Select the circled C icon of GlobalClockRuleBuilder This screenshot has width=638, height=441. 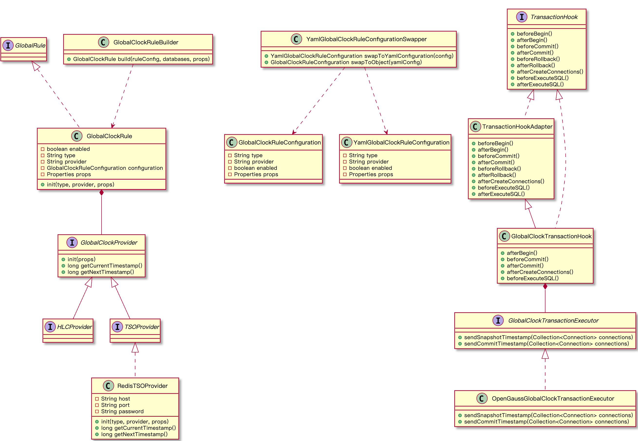[103, 42]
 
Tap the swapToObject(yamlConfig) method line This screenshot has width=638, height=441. [346, 62]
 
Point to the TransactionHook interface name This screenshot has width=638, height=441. [554, 17]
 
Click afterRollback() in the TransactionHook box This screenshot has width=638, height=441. [535, 66]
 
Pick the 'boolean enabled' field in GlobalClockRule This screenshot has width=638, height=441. [68, 149]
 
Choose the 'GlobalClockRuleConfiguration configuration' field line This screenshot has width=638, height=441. [105, 168]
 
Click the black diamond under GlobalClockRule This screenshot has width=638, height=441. [102, 192]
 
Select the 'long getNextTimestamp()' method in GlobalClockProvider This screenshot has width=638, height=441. [101, 272]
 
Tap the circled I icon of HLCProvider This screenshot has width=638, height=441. [50, 327]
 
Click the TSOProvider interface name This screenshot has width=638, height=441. [142, 327]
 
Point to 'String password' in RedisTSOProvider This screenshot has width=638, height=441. [122, 412]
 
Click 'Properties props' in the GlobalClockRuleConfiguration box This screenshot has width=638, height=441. [256, 175]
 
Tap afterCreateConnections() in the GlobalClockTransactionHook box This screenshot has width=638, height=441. [540, 272]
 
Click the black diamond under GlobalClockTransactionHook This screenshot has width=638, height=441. [545, 287]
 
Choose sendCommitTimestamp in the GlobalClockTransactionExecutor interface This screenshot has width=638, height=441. [546, 344]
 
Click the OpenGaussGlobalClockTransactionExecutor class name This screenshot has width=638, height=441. [553, 399]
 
